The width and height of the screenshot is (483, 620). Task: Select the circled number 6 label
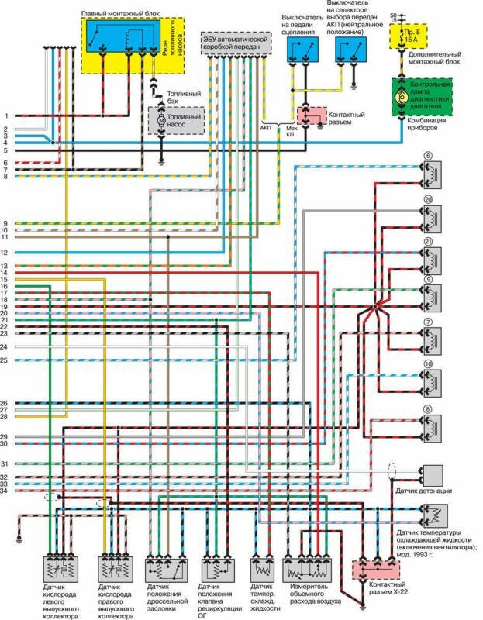click(x=427, y=156)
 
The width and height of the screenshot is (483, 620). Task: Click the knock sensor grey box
click(x=431, y=474)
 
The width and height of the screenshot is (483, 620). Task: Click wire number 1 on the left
click(x=6, y=115)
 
